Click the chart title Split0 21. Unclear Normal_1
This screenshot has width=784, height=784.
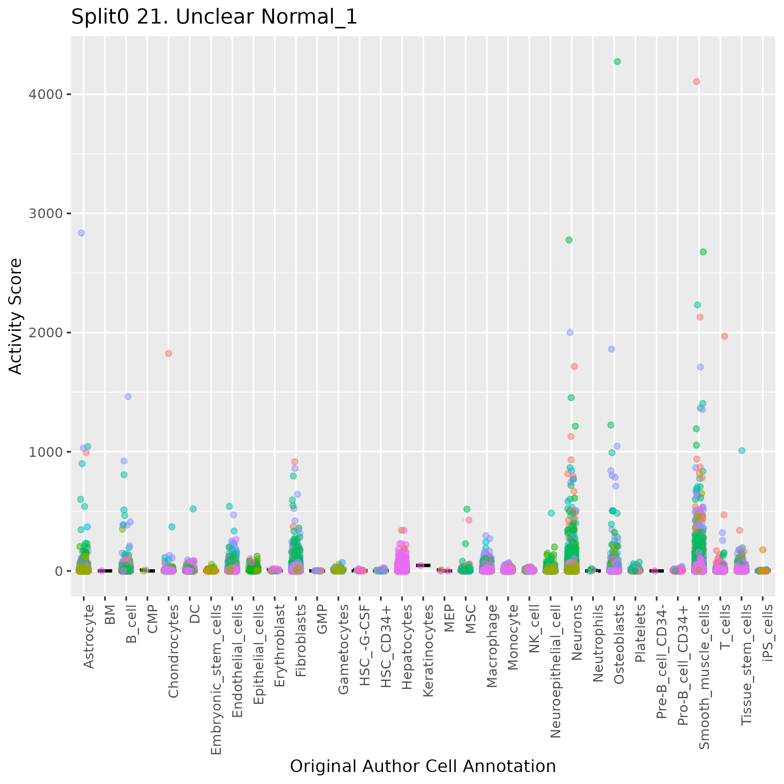pyautogui.click(x=214, y=18)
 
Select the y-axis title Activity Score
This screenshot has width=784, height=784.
pyautogui.click(x=15, y=316)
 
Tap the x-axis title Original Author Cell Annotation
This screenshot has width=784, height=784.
pyautogui.click(x=423, y=766)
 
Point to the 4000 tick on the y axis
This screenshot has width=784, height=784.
pyautogui.click(x=46, y=94)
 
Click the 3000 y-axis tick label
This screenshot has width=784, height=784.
pyautogui.click(x=46, y=213)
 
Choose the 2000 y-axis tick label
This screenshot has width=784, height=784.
pyautogui.click(x=46, y=333)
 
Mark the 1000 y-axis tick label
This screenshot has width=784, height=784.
pyautogui.click(x=46, y=452)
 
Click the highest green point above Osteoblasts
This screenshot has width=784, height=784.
pyautogui.click(x=617, y=62)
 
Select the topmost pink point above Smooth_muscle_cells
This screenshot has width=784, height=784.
pyautogui.click(x=696, y=81)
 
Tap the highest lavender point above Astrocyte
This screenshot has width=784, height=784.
pyautogui.click(x=81, y=233)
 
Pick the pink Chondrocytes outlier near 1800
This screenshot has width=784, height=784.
pyautogui.click(x=168, y=353)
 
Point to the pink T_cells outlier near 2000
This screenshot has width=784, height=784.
pyautogui.click(x=724, y=336)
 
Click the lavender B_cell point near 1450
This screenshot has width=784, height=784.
pyautogui.click(x=128, y=396)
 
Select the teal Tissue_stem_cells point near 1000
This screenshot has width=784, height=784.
pyautogui.click(x=742, y=450)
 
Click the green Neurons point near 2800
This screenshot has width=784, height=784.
pyautogui.click(x=569, y=240)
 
